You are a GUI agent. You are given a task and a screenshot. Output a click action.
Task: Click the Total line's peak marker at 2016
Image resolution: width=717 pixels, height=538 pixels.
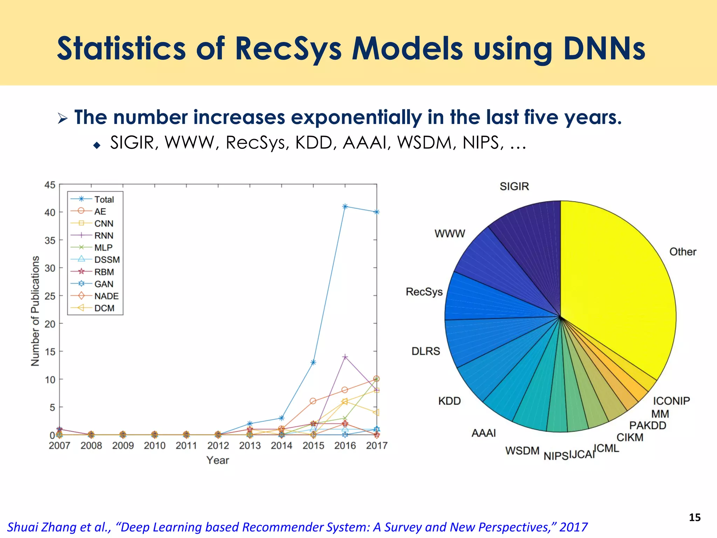(x=345, y=206)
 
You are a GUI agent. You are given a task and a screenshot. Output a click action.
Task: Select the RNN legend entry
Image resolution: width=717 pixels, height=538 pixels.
(x=104, y=236)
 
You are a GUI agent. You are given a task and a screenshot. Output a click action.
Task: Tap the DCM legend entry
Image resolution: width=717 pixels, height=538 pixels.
(x=104, y=308)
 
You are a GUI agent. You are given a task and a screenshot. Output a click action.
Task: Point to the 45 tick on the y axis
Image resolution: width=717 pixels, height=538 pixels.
(x=50, y=185)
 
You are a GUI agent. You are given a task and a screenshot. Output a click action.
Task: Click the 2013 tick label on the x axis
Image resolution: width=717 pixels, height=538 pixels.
(x=250, y=446)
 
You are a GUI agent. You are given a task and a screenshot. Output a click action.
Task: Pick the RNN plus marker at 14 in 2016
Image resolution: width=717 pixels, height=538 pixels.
(x=345, y=357)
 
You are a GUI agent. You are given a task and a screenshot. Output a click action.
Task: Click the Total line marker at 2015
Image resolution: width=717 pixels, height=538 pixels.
(x=313, y=362)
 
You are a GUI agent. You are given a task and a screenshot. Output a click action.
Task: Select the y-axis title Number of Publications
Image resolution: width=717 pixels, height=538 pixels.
(x=35, y=311)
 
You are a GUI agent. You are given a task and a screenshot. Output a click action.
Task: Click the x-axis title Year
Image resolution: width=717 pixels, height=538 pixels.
(x=217, y=460)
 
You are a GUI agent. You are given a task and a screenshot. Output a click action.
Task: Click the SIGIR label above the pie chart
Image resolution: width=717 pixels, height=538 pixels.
(x=514, y=186)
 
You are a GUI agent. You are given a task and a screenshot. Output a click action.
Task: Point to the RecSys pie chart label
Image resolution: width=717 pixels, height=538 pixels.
(x=424, y=292)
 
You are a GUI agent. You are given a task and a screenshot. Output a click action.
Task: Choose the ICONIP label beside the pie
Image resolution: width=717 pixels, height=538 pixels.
(x=671, y=401)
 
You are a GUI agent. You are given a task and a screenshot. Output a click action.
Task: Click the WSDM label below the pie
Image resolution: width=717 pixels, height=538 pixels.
(x=522, y=450)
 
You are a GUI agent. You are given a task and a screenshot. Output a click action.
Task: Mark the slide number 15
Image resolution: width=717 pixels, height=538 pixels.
(x=695, y=517)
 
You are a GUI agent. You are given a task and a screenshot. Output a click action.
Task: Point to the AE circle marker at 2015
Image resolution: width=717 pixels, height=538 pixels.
(x=313, y=401)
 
